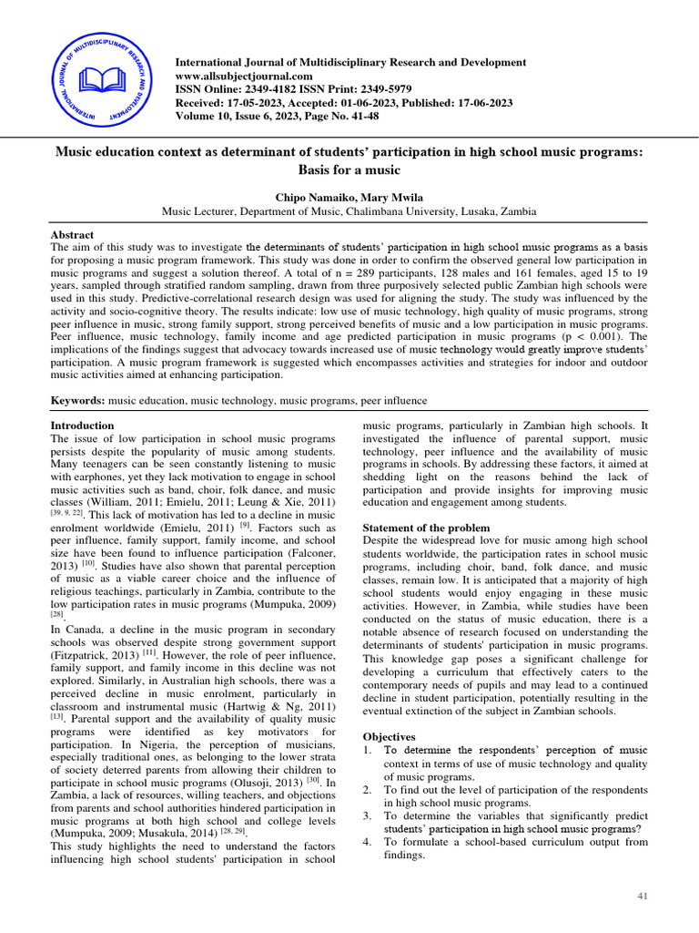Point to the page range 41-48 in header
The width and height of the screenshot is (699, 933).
pos(358,117)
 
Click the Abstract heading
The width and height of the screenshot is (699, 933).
pos(72,234)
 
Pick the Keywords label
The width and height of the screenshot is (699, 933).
pos(77,400)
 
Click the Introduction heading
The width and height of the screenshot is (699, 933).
pos(82,425)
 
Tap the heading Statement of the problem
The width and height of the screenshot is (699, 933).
pos(427,528)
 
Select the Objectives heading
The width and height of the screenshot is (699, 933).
pos(389,735)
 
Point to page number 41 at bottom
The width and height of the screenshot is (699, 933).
pos(643,897)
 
